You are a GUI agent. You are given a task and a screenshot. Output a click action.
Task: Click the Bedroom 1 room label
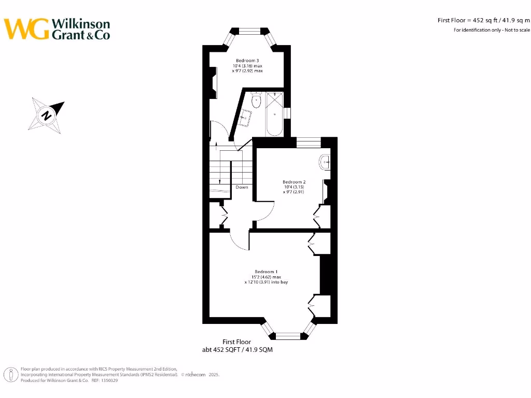click(265, 272)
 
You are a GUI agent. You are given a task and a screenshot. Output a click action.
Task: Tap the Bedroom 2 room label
click(294, 182)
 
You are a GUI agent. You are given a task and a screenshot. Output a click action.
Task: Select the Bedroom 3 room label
click(247, 61)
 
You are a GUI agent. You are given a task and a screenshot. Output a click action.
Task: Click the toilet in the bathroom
click(255, 101)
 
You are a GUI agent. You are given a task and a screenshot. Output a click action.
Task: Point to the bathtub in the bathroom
click(274, 115)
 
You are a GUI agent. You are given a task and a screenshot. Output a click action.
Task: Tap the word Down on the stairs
click(242, 187)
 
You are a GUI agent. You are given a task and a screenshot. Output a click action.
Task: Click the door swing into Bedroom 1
click(239, 241)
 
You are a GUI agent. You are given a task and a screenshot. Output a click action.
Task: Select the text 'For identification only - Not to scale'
click(492, 30)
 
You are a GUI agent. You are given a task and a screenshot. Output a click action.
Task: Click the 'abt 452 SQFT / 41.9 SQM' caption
click(237, 350)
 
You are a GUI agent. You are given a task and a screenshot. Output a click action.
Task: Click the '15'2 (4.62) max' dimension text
click(265, 277)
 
